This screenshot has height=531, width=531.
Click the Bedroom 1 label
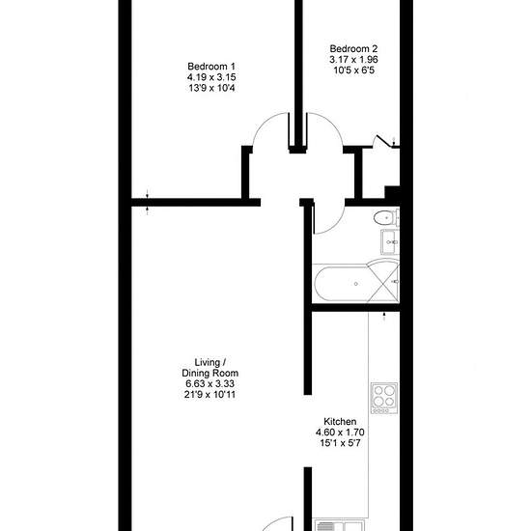point(211,66)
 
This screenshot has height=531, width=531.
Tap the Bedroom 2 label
point(353,48)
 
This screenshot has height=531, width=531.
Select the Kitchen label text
point(340,421)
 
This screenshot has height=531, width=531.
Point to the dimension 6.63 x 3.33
point(210,383)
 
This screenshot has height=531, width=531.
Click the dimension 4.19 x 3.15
point(211,77)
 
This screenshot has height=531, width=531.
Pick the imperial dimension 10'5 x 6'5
point(354,70)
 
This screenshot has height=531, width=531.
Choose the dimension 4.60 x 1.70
point(340,433)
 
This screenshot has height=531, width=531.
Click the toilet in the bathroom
point(386,218)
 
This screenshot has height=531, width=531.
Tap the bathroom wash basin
point(390,242)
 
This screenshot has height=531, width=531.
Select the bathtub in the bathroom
point(342,284)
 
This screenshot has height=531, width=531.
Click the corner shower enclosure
point(383,281)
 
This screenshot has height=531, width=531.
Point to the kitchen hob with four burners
point(384,398)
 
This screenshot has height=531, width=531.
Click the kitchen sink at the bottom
point(340,526)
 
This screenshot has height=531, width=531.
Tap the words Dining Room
point(210,373)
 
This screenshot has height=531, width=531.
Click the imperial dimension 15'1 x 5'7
point(340,443)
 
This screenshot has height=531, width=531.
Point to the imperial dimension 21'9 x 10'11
point(210,395)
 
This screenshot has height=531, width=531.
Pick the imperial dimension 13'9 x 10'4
point(211,88)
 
